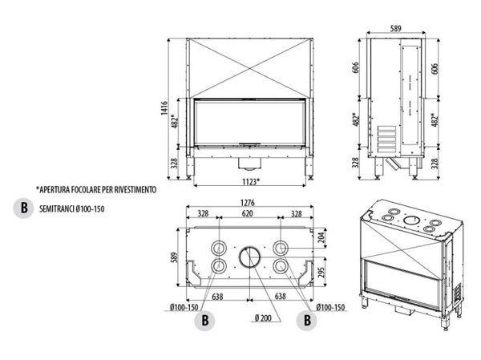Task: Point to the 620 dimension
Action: pos(248,215)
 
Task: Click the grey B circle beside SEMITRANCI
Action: pos(22,209)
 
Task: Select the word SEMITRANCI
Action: pos(55,209)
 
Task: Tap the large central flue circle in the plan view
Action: pos(249,258)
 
